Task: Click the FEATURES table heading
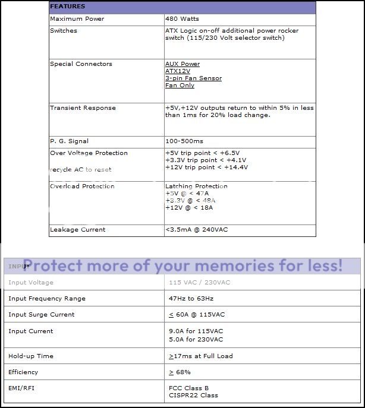(67, 7)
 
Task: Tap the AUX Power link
(182, 64)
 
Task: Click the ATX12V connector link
(178, 71)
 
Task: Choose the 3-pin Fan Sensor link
(193, 78)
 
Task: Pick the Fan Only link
(180, 86)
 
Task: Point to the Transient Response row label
(83, 108)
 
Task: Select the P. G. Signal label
(69, 141)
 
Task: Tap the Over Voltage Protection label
(89, 153)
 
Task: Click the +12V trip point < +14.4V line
(206, 167)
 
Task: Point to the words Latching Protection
(196, 186)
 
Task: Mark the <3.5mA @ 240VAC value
(196, 230)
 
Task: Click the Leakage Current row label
(77, 230)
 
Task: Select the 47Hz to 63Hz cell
(191, 299)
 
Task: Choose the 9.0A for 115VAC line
(196, 331)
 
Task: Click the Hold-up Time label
(31, 356)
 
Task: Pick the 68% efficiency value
(183, 372)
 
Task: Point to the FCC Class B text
(189, 388)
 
